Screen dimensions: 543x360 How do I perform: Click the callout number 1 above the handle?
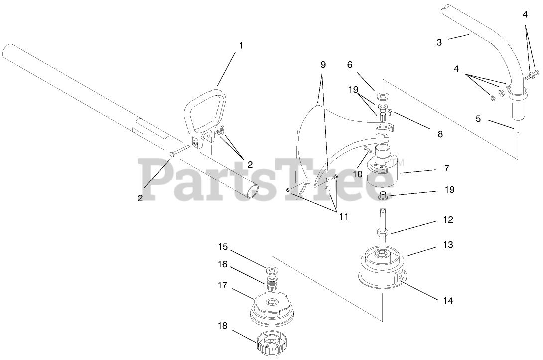click(241, 45)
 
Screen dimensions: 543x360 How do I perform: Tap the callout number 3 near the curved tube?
click(439, 42)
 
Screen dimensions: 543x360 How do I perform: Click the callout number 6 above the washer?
click(349, 64)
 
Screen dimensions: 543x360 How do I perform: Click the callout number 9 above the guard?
click(323, 65)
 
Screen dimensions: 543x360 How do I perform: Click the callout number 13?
click(448, 245)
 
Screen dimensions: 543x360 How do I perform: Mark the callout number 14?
click(448, 301)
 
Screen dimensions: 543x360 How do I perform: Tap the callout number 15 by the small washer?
click(222, 246)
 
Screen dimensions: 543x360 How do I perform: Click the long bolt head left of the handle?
click(172, 154)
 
